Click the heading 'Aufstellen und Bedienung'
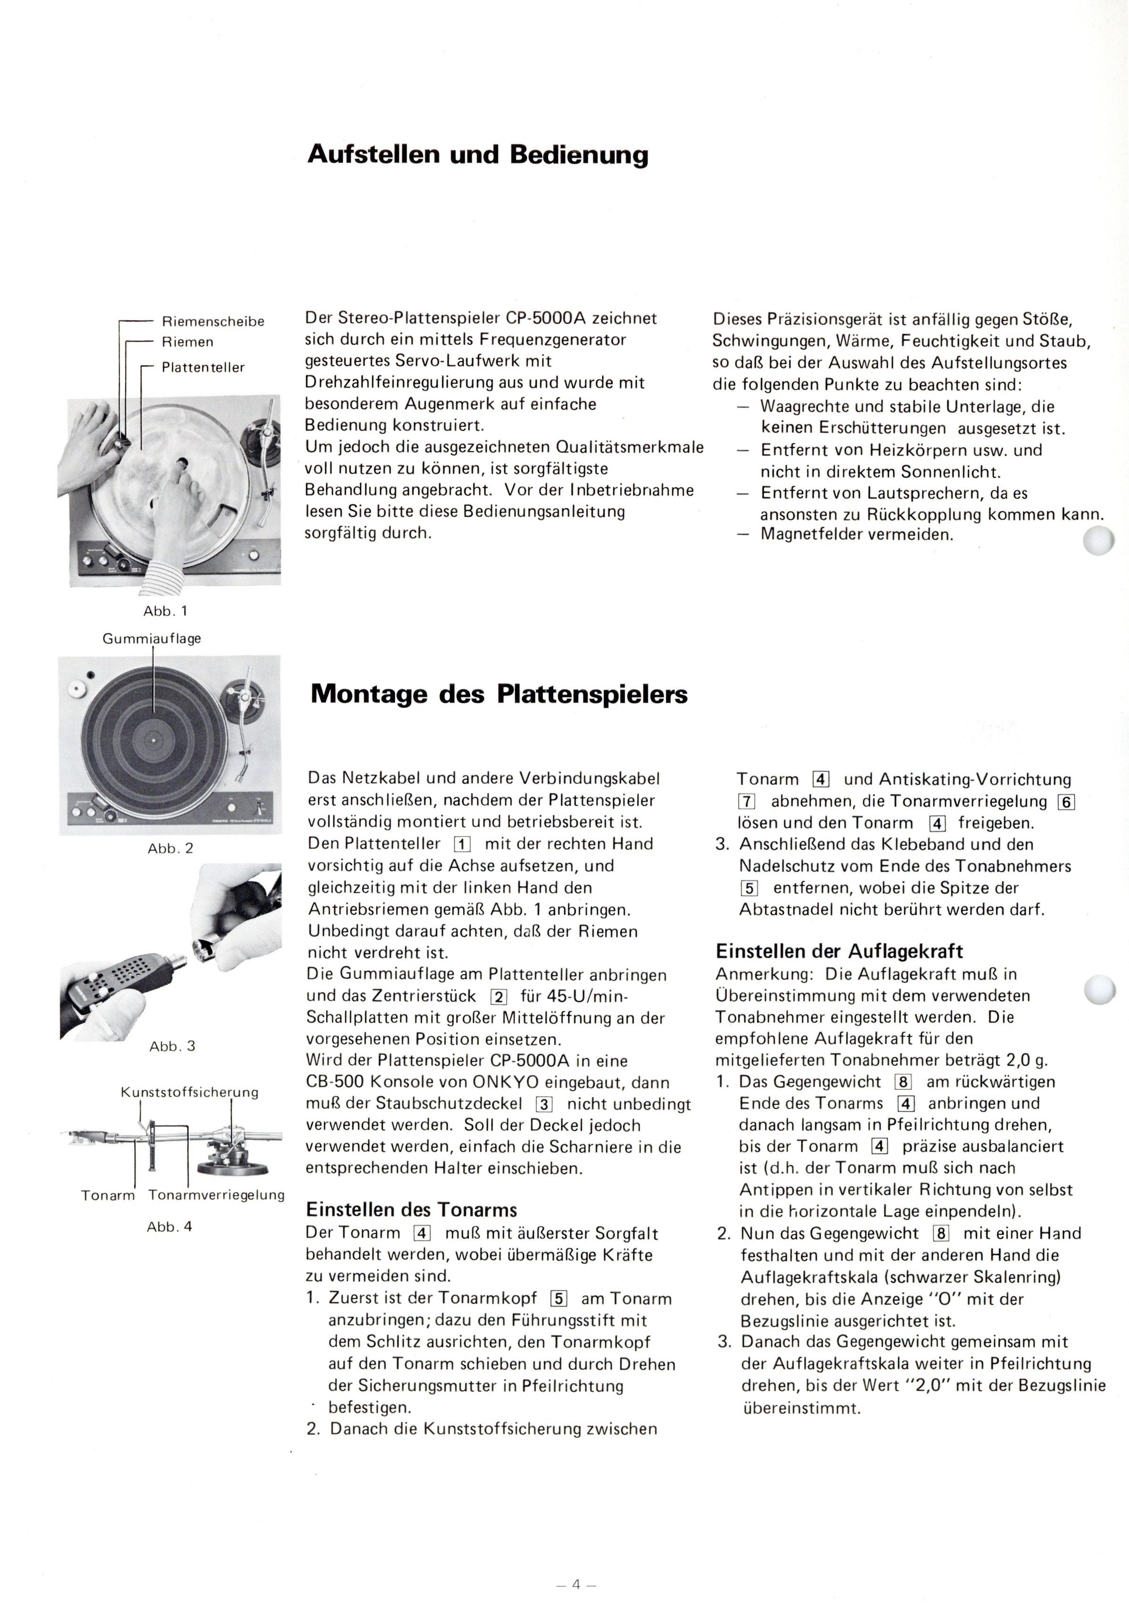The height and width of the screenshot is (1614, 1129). click(x=478, y=155)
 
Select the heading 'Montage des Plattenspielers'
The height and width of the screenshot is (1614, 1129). click(x=498, y=695)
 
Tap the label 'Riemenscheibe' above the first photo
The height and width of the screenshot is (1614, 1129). click(x=213, y=321)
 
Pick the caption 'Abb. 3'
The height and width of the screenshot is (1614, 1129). click(x=172, y=1046)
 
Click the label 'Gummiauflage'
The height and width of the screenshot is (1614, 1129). click(x=152, y=639)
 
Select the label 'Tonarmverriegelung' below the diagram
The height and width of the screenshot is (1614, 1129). click(x=216, y=1195)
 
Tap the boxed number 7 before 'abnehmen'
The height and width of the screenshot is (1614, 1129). click(x=746, y=802)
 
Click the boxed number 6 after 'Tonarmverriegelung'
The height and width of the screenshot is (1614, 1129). click(x=1066, y=802)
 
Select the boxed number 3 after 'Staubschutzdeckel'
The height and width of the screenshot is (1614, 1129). click(x=543, y=1104)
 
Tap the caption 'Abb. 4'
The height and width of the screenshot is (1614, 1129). click(x=169, y=1227)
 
